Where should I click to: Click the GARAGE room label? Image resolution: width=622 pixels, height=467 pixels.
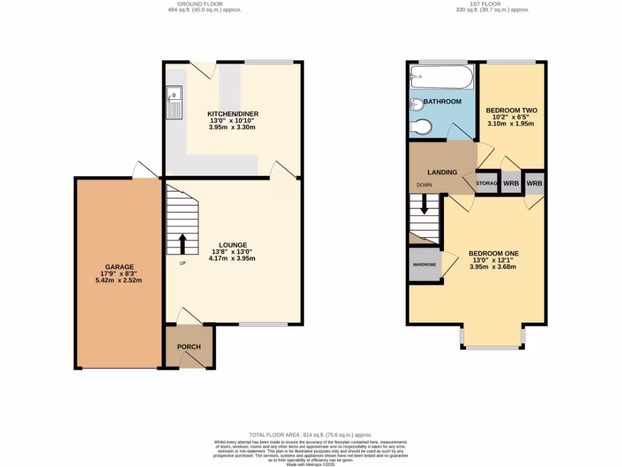point(115,266)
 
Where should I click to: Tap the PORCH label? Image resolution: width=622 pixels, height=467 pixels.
point(188,347)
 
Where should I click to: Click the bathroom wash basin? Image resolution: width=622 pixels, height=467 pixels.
point(416,105)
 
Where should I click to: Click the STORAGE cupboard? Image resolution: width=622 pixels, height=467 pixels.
point(487,183)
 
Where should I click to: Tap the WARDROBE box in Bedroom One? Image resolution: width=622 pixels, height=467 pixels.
point(425,265)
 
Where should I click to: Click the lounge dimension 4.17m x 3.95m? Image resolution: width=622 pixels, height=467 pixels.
point(233,258)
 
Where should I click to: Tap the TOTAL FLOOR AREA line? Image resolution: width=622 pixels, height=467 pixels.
point(311,435)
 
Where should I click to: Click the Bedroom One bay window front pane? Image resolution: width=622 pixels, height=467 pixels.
point(493,347)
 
